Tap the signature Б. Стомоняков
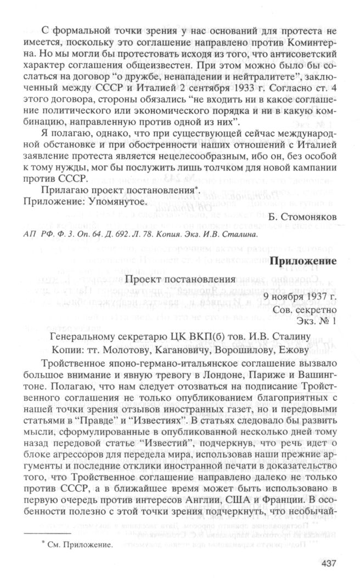(302, 216)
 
